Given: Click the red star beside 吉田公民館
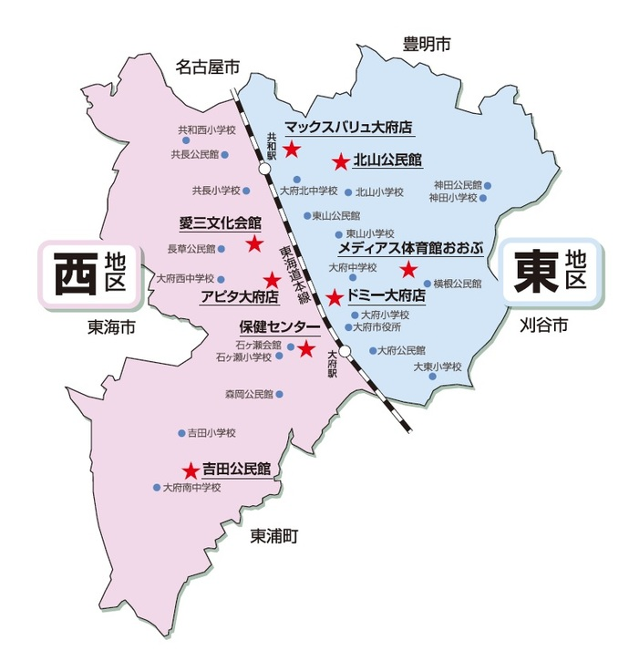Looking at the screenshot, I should [190, 471].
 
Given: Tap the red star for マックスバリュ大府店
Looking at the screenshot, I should [292, 148].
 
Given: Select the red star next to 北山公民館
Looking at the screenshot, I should [340, 162].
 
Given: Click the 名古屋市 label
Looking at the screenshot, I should [208, 67].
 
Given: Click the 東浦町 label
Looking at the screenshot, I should [274, 537].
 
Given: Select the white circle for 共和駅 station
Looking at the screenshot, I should [264, 170].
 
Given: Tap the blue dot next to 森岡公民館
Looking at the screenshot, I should [279, 395].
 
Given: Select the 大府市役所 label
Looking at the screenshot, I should [377, 326].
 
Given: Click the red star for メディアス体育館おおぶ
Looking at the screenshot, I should [407, 269].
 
